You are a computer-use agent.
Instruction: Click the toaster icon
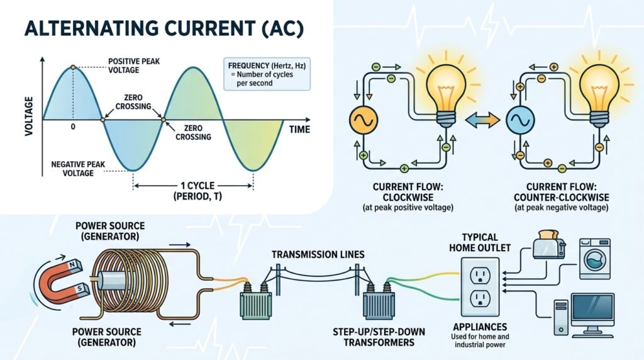pyautogui.click(x=549, y=245)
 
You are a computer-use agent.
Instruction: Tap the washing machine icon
pyautogui.click(x=594, y=259)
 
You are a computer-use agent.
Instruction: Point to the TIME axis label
pyautogui.click(x=299, y=130)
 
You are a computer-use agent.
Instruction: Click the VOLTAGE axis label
pyautogui.click(x=28, y=116)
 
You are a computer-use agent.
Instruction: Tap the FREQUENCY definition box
pyautogui.click(x=267, y=74)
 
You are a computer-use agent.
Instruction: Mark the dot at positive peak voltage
pyautogui.click(x=73, y=67)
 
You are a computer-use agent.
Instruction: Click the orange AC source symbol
pyautogui.click(x=364, y=120)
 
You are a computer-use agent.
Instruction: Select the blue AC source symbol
pyautogui.click(x=520, y=120)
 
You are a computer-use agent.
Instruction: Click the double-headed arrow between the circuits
pyautogui.click(x=482, y=120)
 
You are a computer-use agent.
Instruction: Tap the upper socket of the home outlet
pyautogui.click(x=480, y=274)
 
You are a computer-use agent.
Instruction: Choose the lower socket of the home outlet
pyautogui.click(x=480, y=299)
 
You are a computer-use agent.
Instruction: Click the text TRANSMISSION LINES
pyautogui.click(x=318, y=255)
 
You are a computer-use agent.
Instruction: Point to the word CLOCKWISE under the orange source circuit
pyautogui.click(x=408, y=197)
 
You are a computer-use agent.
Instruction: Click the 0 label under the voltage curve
pyautogui.click(x=73, y=127)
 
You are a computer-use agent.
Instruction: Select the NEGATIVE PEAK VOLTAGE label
pyautogui.click(x=78, y=169)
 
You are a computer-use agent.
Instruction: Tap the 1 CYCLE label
pyautogui.click(x=197, y=186)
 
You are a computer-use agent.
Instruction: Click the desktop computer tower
pyautogui.click(x=561, y=317)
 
